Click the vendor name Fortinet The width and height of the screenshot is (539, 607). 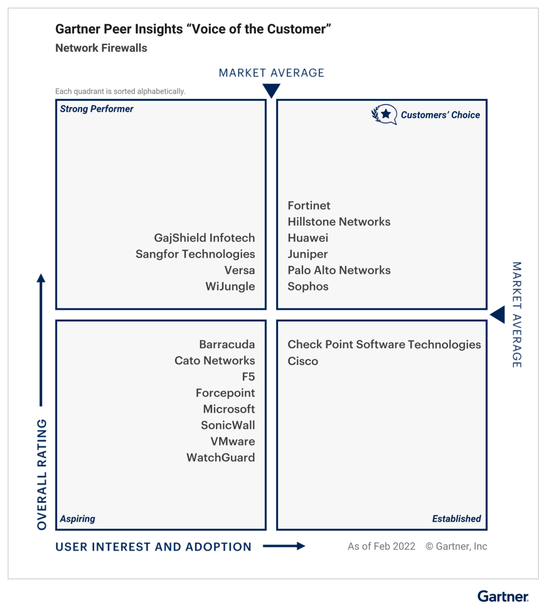point(309,205)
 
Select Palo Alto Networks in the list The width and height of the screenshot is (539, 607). point(339,270)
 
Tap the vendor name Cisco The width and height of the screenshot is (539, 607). point(302,361)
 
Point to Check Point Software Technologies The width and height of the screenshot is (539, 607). point(384,345)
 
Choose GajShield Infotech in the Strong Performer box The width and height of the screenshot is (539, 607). point(204,238)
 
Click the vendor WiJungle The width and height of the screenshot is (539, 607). point(230,287)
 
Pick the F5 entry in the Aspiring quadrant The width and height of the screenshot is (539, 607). point(248,377)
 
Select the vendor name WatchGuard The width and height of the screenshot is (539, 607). point(221,458)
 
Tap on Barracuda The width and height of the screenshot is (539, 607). point(227,345)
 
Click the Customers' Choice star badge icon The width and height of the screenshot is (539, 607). point(384,114)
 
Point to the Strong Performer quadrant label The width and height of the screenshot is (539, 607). point(97,109)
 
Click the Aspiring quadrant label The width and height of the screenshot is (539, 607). point(77,519)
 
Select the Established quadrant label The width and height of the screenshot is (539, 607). point(456,519)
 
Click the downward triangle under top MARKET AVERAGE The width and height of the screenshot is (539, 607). point(271,91)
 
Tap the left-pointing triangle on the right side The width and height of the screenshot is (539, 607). point(498,315)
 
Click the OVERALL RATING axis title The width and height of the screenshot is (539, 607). point(42,474)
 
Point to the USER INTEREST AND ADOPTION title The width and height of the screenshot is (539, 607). point(153,547)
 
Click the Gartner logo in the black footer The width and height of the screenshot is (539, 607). point(503,597)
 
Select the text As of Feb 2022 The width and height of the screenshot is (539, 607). point(381,546)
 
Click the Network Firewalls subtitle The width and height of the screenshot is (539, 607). point(101,48)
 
